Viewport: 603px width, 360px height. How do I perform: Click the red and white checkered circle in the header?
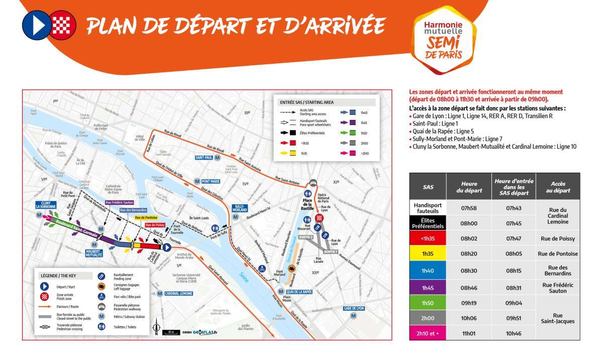tap(64, 24)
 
